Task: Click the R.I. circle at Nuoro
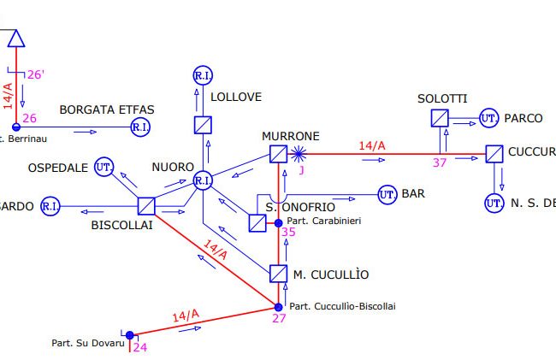pyautogui.click(x=203, y=180)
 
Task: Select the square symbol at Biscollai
pyautogui.click(x=145, y=206)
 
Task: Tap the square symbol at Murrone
pyautogui.click(x=278, y=154)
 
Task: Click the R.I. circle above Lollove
pyautogui.click(x=203, y=76)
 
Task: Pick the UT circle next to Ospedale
pyautogui.click(x=104, y=166)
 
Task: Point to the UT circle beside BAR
pyautogui.click(x=387, y=195)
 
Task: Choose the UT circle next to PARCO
pyautogui.click(x=488, y=118)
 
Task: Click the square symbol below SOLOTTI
pyautogui.click(x=440, y=118)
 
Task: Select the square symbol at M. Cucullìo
pyautogui.click(x=278, y=274)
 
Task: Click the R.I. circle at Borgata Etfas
pyautogui.click(x=140, y=127)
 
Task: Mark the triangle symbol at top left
pyautogui.click(x=16, y=38)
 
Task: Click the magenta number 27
pyautogui.click(x=279, y=319)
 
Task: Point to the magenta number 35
pyautogui.click(x=288, y=232)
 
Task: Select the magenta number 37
pyautogui.click(x=441, y=162)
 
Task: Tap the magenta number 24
pyautogui.click(x=139, y=347)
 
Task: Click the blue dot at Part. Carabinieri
pyautogui.click(x=278, y=222)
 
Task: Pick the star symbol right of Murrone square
pyautogui.click(x=299, y=155)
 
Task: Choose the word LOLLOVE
pyautogui.click(x=235, y=97)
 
